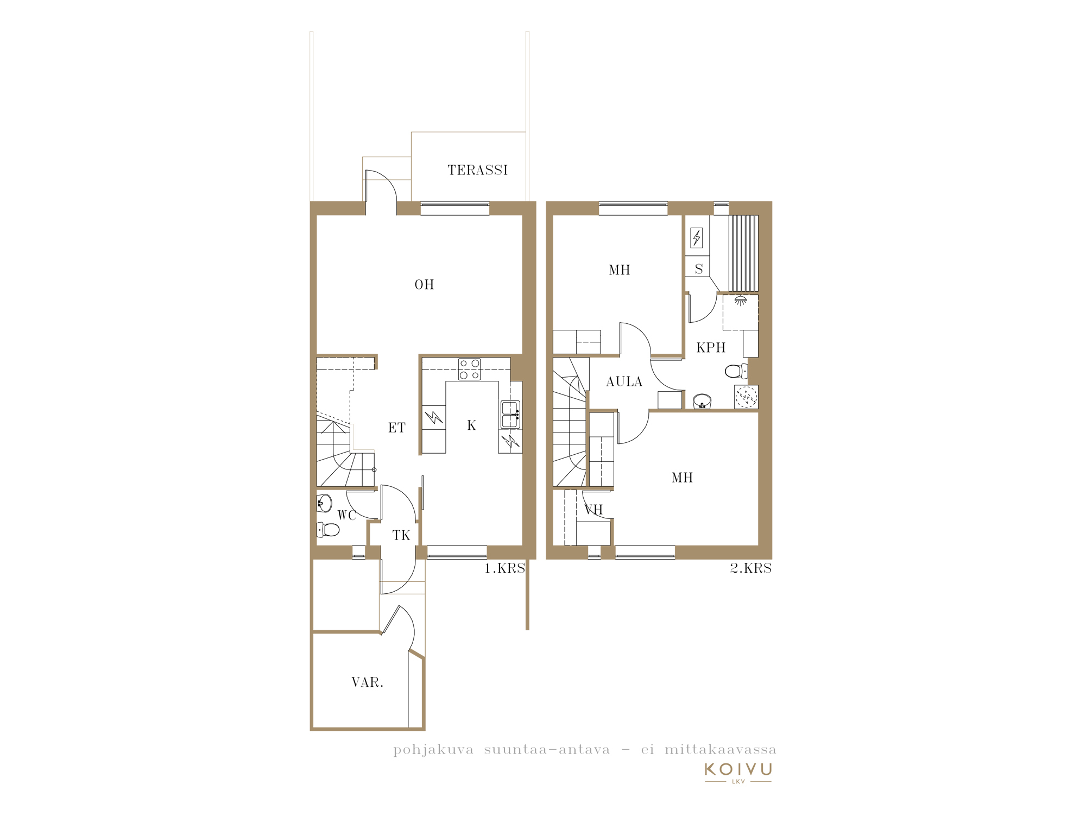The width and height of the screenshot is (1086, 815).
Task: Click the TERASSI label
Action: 477,170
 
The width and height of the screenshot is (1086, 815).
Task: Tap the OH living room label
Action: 424,285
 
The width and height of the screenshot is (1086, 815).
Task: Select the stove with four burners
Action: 469,369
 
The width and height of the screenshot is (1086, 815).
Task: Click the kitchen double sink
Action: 510,415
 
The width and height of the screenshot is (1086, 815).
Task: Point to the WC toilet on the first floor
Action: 328,529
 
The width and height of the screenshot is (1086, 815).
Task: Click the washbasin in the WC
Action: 324,503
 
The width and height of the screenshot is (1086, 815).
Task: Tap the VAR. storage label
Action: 368,682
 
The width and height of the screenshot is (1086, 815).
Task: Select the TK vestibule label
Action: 401,536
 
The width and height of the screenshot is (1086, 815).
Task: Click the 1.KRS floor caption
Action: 504,568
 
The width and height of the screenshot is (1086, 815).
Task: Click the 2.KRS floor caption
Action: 750,568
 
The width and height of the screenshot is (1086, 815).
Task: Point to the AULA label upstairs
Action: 624,382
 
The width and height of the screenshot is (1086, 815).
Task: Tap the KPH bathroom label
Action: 711,348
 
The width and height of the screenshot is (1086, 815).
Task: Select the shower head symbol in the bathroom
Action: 740,300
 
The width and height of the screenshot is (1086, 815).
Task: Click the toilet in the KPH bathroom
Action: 736,371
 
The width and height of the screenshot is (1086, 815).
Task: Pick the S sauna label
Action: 699,269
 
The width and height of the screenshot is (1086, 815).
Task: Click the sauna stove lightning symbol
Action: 697,237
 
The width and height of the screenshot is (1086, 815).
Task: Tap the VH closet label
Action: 593,510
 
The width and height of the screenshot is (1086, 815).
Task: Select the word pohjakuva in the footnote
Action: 433,750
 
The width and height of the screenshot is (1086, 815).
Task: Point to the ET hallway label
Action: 396,428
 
